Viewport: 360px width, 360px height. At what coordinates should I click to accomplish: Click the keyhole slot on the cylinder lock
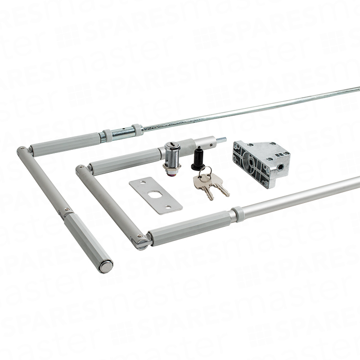coord(171,144)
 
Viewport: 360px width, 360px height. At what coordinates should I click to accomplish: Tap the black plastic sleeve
coord(198,160)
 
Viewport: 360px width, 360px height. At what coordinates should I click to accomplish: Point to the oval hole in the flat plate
coord(154,194)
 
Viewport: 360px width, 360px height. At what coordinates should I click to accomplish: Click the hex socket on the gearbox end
coord(280,167)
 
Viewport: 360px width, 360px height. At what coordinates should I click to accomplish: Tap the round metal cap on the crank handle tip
coord(105,267)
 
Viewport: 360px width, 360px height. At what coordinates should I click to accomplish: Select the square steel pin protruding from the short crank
coord(221,139)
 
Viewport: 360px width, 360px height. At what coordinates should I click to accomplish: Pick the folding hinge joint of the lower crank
coord(140,241)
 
